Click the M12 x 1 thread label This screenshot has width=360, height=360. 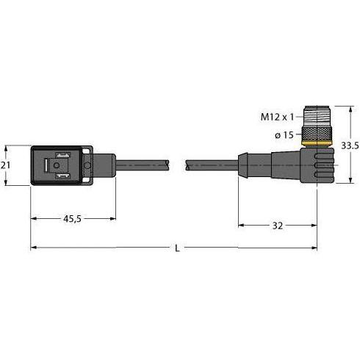[277, 117]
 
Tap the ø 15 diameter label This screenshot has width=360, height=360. [284, 134]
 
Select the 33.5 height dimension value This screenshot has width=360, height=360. [350, 146]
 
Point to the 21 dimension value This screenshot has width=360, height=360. [5, 165]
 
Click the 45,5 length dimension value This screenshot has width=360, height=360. [72, 219]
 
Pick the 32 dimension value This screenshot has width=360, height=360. [278, 226]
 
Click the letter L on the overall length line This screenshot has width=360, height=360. [177, 248]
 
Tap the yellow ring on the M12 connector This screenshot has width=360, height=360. [317, 143]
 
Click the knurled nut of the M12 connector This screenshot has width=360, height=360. [317, 134]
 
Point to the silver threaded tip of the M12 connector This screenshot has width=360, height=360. [317, 116]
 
